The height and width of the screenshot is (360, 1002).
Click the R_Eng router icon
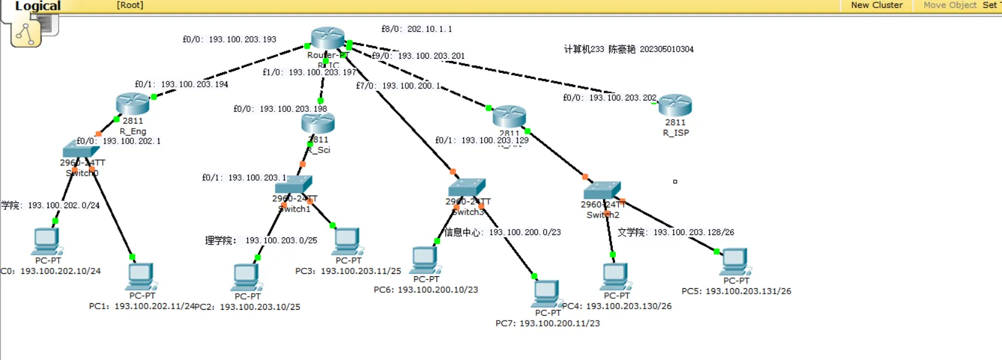point(132,104)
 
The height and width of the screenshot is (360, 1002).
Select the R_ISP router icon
point(675,105)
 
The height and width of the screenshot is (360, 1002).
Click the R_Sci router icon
point(318,123)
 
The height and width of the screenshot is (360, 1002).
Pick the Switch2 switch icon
point(602,191)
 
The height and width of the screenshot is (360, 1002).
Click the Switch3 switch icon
point(467,187)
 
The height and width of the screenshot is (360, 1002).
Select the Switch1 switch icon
point(294,184)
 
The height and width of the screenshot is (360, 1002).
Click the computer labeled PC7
point(546,293)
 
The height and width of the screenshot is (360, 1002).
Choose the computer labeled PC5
point(735,261)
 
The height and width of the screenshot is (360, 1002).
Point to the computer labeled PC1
point(142,276)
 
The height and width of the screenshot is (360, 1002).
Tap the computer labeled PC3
point(347,241)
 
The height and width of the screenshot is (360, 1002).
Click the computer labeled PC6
point(425,260)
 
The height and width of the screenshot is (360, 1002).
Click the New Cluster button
point(876,5)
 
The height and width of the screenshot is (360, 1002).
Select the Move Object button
point(949,5)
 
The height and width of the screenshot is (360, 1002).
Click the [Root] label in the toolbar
point(130,5)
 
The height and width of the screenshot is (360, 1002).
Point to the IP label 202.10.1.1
point(429,29)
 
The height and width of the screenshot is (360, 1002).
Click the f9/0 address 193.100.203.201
point(431,56)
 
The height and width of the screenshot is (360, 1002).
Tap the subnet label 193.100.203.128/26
point(694,232)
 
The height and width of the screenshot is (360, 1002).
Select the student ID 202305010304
point(667,49)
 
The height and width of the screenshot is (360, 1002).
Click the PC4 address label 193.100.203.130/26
point(628,306)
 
